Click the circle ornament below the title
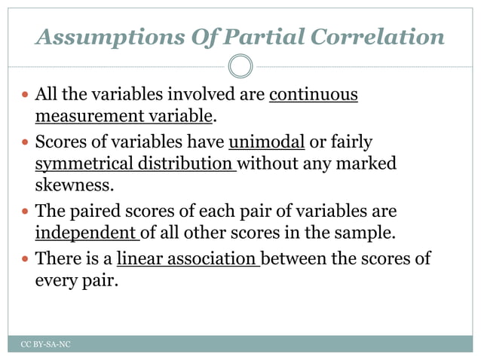[240, 67]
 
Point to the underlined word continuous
[313, 95]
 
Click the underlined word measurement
[82, 116]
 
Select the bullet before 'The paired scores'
[26, 212]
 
